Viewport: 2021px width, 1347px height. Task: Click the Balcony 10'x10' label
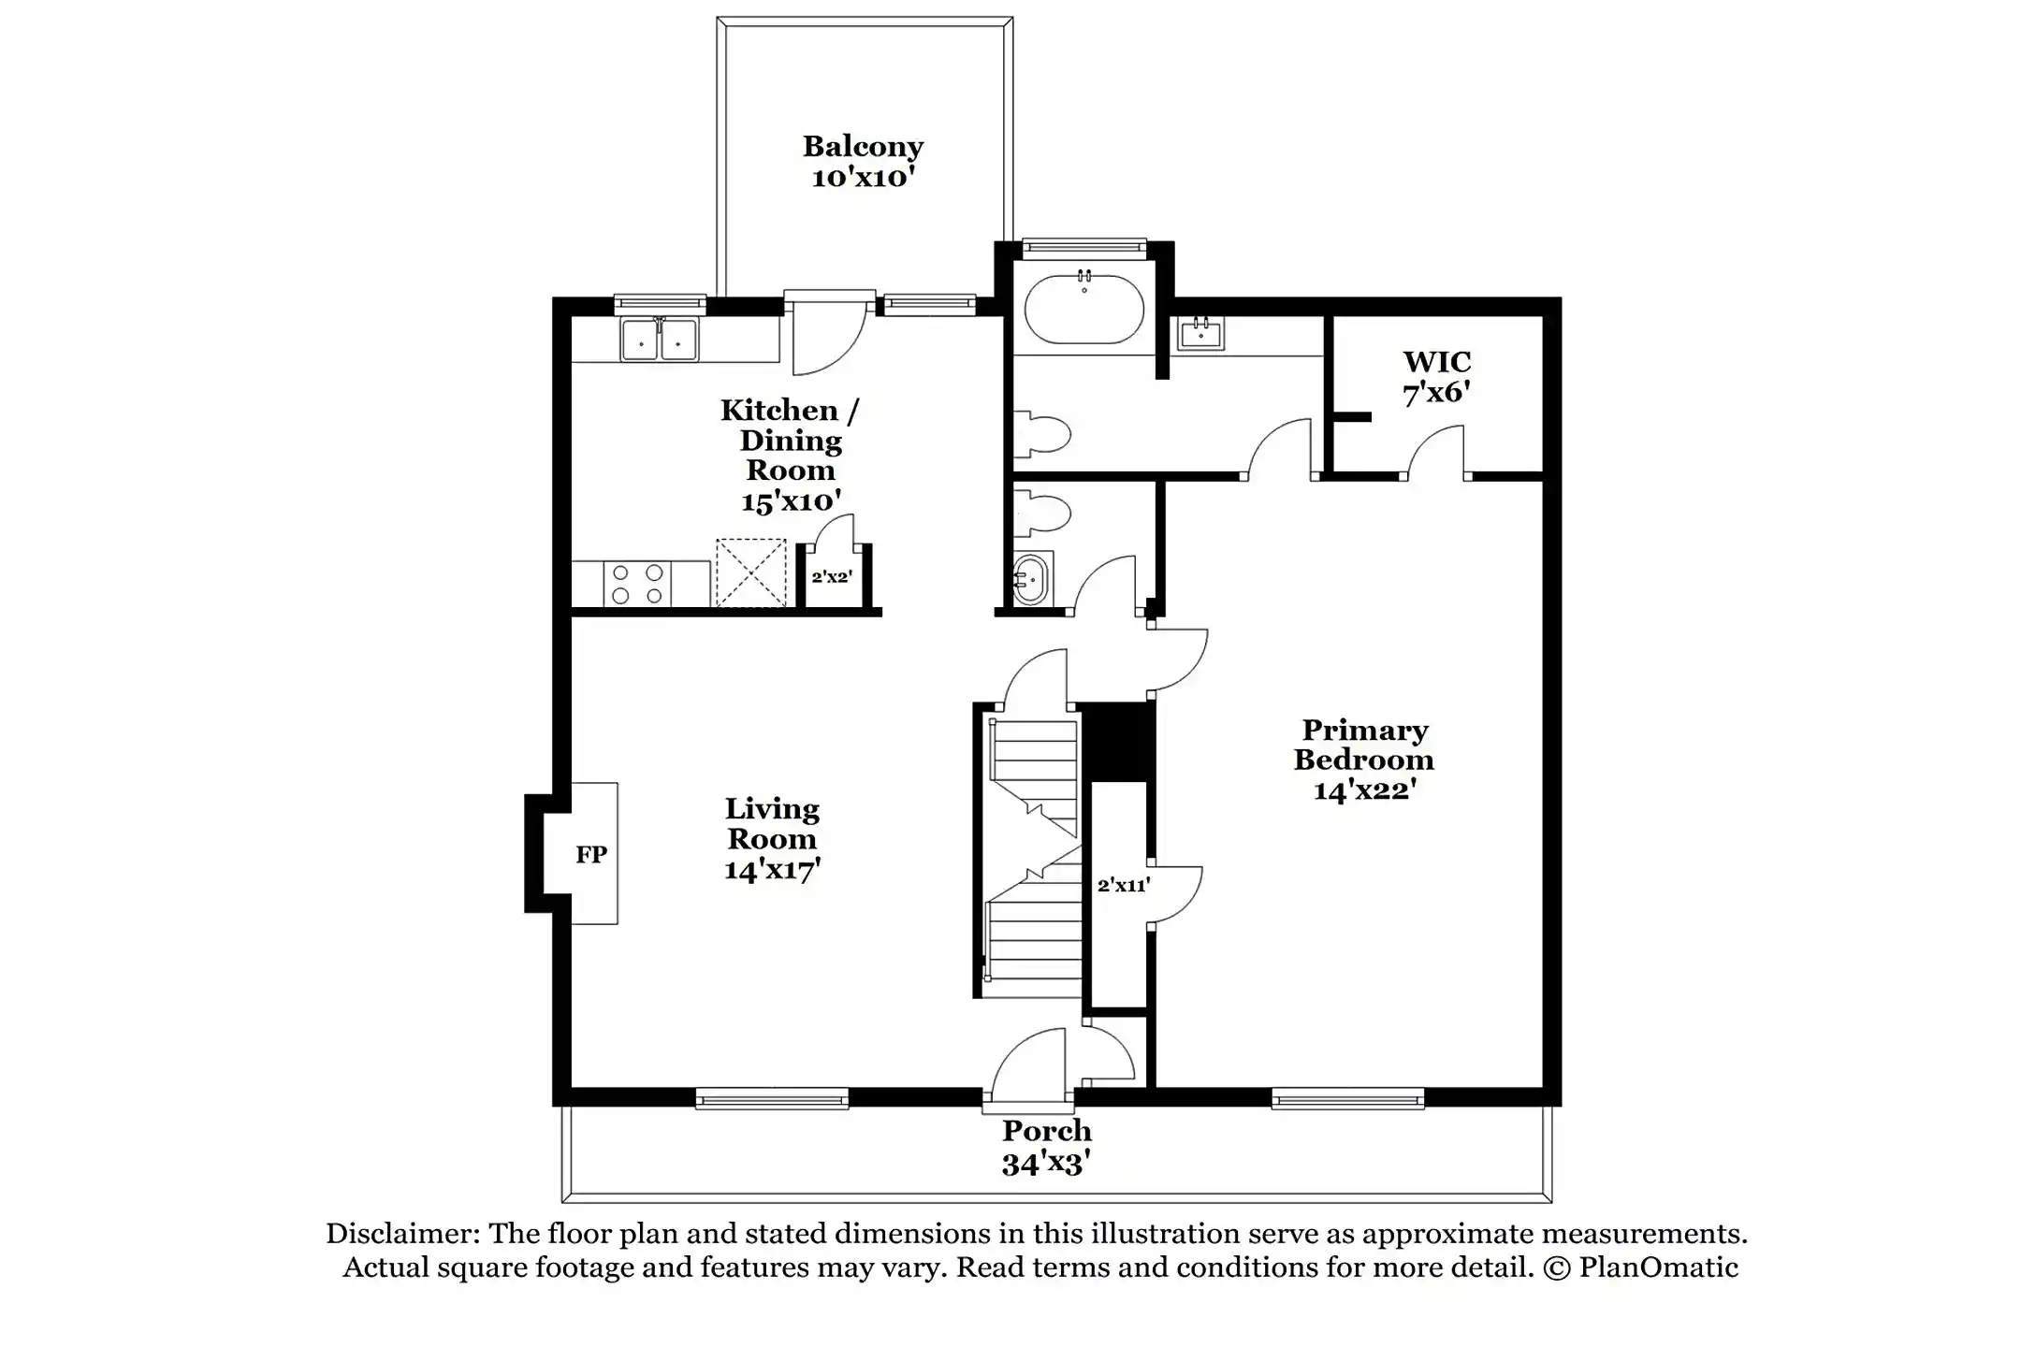click(x=863, y=161)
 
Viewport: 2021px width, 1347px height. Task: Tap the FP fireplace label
click(x=590, y=854)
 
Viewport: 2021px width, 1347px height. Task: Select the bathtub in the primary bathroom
click(x=1083, y=310)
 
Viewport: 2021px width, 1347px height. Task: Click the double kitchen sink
click(x=659, y=340)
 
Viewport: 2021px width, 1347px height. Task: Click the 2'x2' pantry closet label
click(x=831, y=577)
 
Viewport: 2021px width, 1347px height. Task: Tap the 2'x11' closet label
click(x=1123, y=885)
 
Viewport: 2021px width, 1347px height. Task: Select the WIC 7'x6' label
click(x=1436, y=377)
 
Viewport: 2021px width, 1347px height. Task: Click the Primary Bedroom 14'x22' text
click(x=1363, y=760)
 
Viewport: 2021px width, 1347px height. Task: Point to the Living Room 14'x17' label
click(x=772, y=839)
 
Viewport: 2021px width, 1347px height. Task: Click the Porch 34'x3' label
click(x=1046, y=1147)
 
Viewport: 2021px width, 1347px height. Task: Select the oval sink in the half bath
click(x=1030, y=579)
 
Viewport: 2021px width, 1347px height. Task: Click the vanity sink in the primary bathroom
click(x=1200, y=333)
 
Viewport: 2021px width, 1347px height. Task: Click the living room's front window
click(x=772, y=1099)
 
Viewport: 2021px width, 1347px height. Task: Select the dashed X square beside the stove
click(x=750, y=572)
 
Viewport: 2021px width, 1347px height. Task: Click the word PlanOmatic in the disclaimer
click(x=1658, y=1267)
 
